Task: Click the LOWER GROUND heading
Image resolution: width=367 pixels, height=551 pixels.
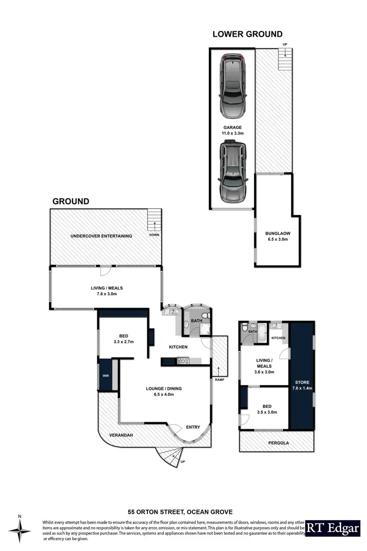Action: pos(247,34)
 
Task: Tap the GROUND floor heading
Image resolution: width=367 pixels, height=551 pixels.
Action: pos(71,201)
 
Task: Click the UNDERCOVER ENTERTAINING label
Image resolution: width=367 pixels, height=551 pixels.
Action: pos(101,236)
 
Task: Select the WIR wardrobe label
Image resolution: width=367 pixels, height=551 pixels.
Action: pos(105,376)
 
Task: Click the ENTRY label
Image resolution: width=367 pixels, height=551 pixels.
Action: pos(193,427)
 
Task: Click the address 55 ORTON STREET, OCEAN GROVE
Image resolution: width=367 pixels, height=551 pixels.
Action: pos(184,510)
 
